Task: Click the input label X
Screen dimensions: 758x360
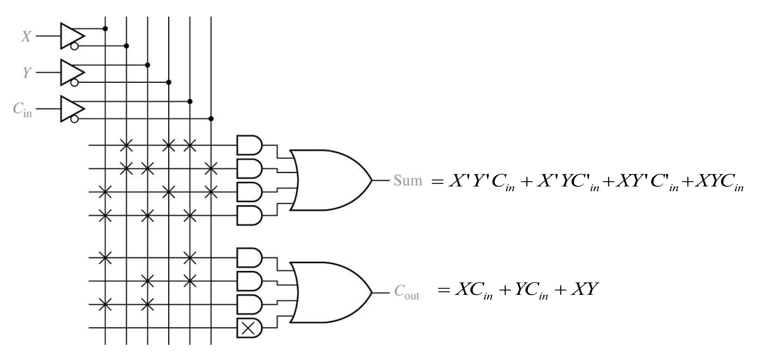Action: click(26, 36)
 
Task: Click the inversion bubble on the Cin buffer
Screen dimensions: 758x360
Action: click(74, 119)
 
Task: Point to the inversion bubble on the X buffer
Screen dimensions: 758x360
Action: click(74, 46)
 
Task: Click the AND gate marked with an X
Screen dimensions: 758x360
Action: click(249, 328)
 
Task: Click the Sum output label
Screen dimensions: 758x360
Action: click(408, 180)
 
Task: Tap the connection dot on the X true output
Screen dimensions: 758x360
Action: click(105, 28)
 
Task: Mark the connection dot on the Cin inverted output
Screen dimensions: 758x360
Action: click(211, 119)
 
